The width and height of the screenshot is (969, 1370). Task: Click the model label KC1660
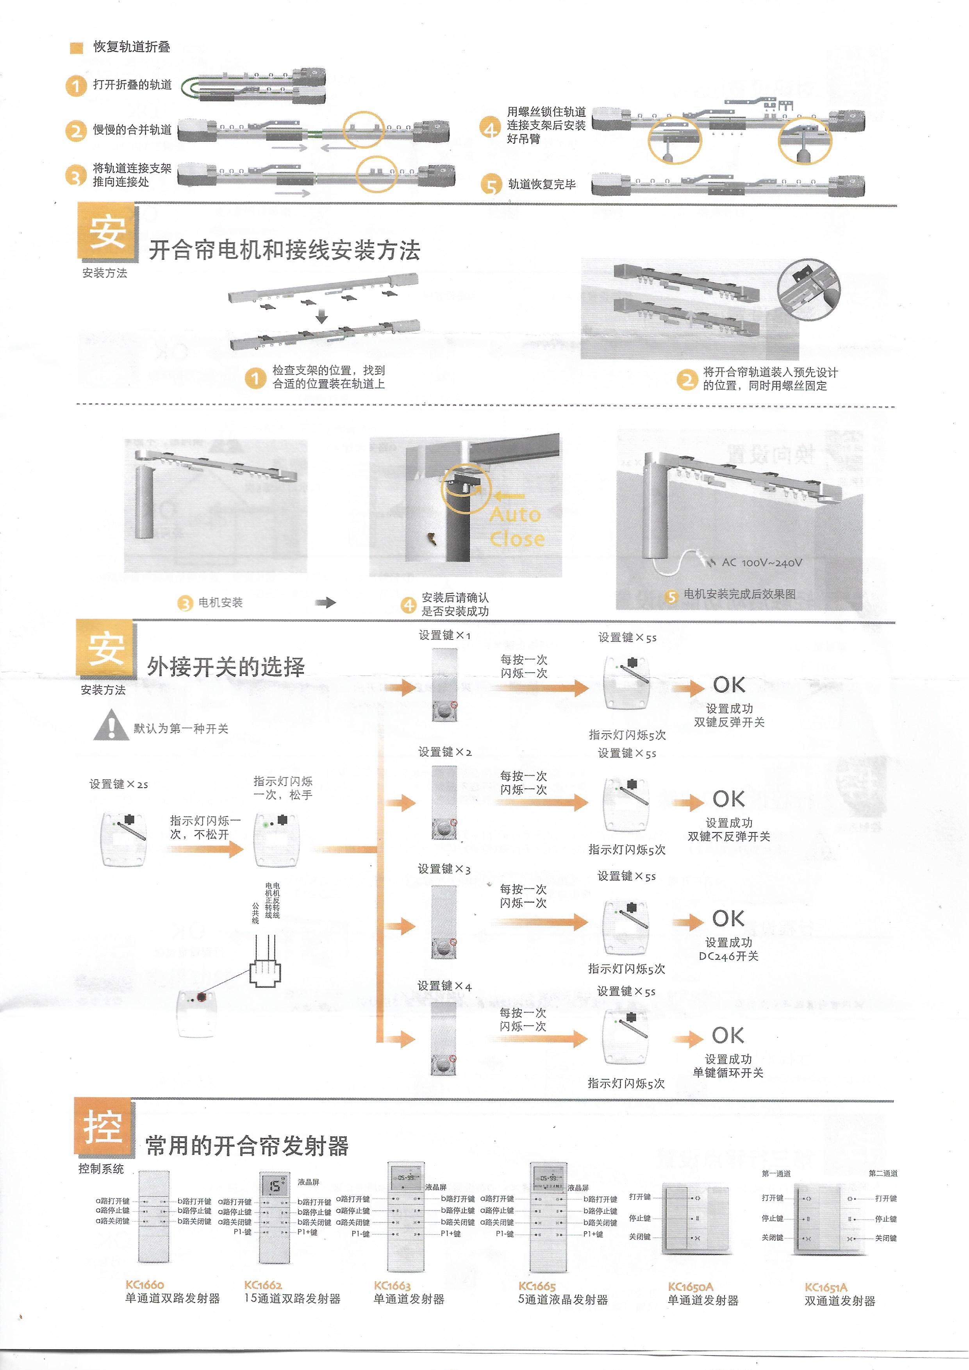click(145, 1285)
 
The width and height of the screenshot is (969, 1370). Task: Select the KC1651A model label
click(826, 1287)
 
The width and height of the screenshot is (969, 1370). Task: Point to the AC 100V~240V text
click(762, 562)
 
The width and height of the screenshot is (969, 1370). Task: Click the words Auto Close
click(516, 526)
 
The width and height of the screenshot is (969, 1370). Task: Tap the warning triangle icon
click(111, 725)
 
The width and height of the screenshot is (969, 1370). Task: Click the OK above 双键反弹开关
click(728, 685)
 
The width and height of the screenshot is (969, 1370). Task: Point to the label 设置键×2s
click(119, 784)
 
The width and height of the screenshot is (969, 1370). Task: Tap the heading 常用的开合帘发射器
click(247, 1146)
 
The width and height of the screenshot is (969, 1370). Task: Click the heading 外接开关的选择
click(226, 666)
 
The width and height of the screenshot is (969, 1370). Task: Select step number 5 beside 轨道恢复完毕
click(491, 185)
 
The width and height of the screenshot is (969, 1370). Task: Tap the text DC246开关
click(728, 956)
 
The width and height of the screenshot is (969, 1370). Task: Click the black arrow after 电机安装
click(326, 603)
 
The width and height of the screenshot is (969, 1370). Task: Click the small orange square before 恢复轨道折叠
click(77, 48)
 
